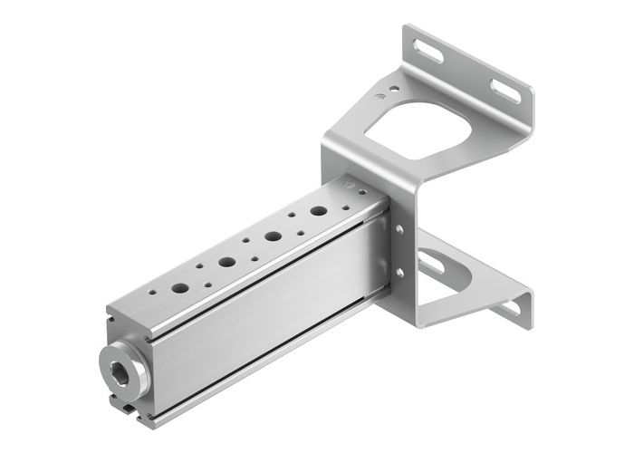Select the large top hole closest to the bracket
click(319, 211)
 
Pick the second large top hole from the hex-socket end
click(226, 262)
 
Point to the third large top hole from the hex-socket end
click(273, 236)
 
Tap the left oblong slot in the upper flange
click(429, 52)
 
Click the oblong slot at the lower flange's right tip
click(510, 308)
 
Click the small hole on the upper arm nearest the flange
click(392, 89)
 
